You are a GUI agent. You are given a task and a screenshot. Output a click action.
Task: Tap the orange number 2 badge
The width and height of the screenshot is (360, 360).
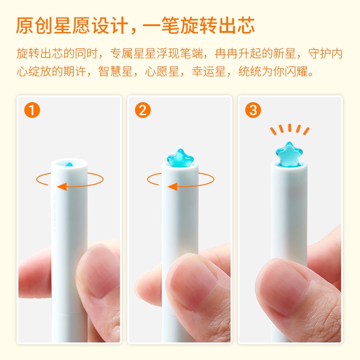click(x=143, y=110)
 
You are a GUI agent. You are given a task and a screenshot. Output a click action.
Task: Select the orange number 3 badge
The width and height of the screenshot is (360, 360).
click(x=253, y=110)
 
